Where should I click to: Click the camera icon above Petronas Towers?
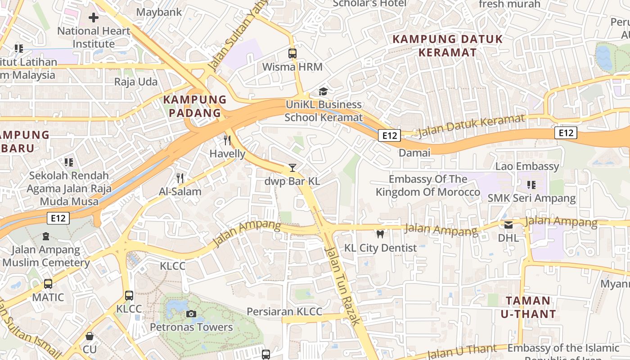click(x=191, y=314)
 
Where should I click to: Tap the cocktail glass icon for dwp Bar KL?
click(x=292, y=168)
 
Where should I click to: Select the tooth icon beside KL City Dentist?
click(x=380, y=234)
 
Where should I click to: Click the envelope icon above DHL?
click(x=508, y=225)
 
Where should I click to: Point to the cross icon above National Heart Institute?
click(x=94, y=18)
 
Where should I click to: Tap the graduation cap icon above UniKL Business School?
click(x=323, y=92)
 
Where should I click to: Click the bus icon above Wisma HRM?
click(x=292, y=54)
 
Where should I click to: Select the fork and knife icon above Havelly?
click(x=227, y=140)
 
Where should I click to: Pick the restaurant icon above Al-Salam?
click(x=180, y=178)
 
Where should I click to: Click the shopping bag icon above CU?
click(x=90, y=336)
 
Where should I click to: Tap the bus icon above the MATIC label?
click(x=48, y=284)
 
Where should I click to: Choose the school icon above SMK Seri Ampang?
click(x=531, y=184)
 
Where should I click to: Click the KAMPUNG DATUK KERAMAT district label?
click(x=447, y=45)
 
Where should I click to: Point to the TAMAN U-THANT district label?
click(x=528, y=307)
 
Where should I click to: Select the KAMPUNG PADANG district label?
click(x=195, y=106)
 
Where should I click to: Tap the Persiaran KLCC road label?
click(x=284, y=312)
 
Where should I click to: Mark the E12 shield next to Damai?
click(x=389, y=135)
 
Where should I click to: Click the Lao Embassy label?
click(x=527, y=166)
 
